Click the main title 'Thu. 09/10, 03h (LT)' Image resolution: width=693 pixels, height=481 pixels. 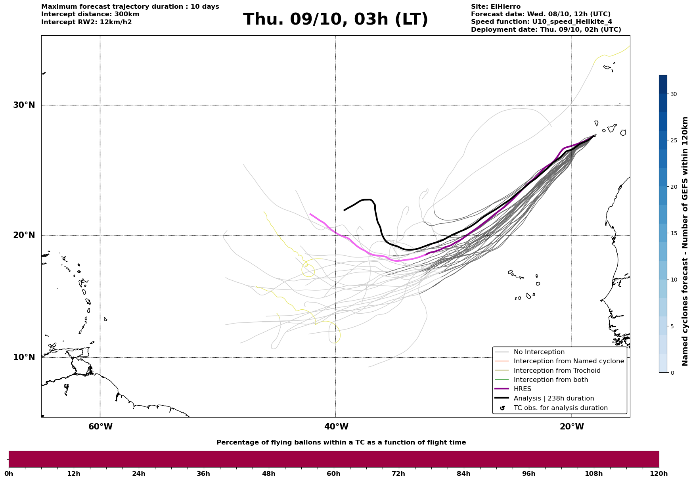click(x=335, y=19)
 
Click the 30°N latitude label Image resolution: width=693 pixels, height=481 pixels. click(x=24, y=105)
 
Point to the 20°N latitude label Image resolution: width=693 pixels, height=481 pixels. click(x=24, y=235)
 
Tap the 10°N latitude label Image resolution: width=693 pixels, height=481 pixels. click(x=24, y=357)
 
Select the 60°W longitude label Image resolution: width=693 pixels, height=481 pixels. click(x=100, y=427)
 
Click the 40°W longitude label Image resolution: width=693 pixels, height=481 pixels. click(x=336, y=427)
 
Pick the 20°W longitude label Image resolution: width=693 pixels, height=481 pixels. click(x=572, y=427)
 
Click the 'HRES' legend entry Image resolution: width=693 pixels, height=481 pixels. click(x=522, y=389)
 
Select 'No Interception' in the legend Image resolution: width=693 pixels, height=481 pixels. click(x=539, y=352)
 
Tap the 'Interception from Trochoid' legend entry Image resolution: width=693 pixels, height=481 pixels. click(x=557, y=371)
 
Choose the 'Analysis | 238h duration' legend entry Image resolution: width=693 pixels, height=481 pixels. click(x=553, y=399)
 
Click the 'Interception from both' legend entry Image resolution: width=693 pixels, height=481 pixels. click(x=551, y=380)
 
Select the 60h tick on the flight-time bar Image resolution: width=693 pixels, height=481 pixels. click(x=333, y=473)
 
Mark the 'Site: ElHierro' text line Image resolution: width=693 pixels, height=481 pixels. click(x=496, y=7)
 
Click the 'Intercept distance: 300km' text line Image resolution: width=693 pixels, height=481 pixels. click(x=90, y=14)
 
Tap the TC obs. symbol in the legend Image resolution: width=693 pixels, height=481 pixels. click(x=502, y=408)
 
